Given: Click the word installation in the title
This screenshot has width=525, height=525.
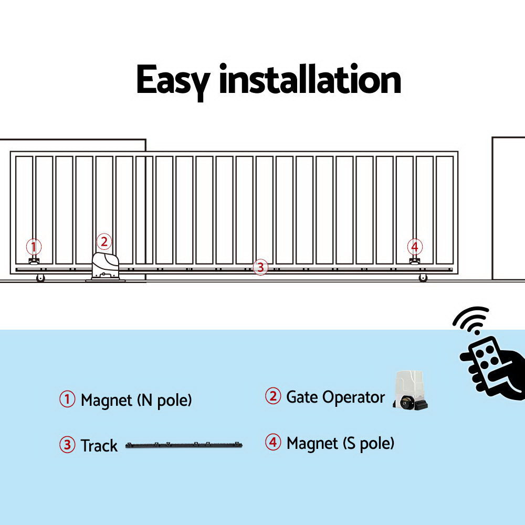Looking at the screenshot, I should [x=310, y=80].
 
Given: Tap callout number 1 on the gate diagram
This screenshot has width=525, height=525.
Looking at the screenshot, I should [x=34, y=246].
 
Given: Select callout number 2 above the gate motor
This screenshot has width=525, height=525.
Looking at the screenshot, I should [x=104, y=241].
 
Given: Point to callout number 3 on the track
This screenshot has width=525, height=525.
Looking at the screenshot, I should [x=260, y=267].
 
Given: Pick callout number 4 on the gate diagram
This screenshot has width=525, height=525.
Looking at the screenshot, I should [x=415, y=246].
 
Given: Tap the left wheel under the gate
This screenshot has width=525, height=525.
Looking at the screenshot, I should [x=40, y=278].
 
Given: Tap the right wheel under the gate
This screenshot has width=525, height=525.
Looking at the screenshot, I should [x=423, y=278].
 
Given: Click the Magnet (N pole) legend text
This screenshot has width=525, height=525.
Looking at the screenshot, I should [x=136, y=401].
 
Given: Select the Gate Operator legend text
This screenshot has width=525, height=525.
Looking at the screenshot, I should [x=335, y=397].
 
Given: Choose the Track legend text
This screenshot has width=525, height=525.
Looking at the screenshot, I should [x=99, y=446].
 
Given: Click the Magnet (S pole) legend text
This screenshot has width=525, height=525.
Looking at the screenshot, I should [x=340, y=444].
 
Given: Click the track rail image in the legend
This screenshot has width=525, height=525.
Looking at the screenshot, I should [x=184, y=446].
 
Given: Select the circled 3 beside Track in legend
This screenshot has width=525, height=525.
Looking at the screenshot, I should [x=67, y=445].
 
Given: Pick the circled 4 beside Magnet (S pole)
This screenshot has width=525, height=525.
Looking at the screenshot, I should [x=272, y=443].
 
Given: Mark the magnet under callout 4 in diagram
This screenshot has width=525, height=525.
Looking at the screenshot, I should [x=415, y=261].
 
